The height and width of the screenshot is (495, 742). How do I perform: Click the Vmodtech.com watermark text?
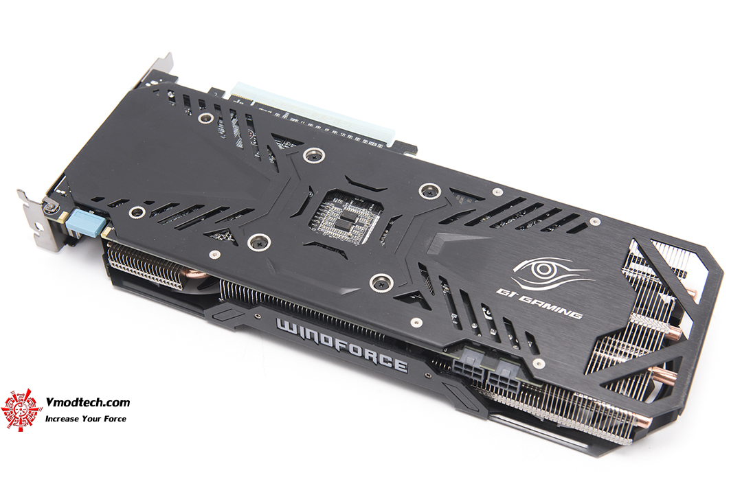pyautogui.click(x=87, y=402)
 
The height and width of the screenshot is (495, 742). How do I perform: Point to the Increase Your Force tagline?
pyautogui.click(x=86, y=418)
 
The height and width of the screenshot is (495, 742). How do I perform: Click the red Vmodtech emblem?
pyautogui.click(x=21, y=411)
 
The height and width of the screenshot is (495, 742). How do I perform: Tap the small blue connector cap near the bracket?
pyautogui.click(x=86, y=224)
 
